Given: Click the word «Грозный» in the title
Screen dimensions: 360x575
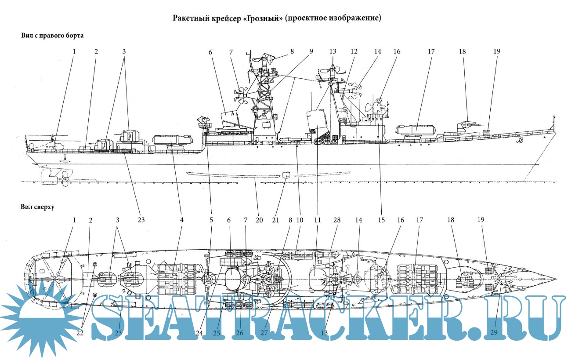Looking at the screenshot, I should tap(262, 18).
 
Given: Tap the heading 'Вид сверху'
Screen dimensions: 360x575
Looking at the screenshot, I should tap(38, 207).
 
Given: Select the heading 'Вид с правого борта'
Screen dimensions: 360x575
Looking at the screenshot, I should tap(52, 36).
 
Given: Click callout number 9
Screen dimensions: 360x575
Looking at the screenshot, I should tap(311, 51).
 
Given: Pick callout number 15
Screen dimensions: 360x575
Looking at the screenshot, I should tap(381, 219).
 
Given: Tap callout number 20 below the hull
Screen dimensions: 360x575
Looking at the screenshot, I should tap(259, 219).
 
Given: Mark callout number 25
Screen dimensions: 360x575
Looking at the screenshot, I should tap(216, 333).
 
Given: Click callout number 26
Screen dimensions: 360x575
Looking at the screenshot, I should tap(239, 333).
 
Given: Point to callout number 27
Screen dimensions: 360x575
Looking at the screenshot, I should tap(264, 333).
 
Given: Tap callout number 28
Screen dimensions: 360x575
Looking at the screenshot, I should tap(337, 219).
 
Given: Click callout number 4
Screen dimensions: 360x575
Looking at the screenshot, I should tap(181, 219).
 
